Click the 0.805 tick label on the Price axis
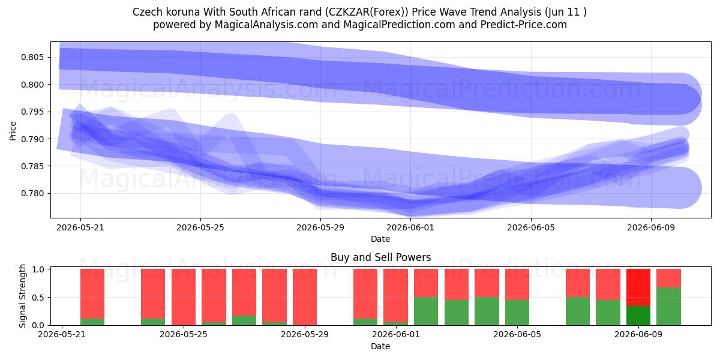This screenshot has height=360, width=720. tap(32, 58)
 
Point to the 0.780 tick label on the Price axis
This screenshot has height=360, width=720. tap(32, 193)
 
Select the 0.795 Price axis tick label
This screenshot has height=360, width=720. tap(32, 112)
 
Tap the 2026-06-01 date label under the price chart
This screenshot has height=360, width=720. tap(410, 227)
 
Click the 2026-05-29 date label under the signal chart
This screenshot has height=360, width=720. tap(305, 335)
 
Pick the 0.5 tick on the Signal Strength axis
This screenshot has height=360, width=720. tap(38, 298)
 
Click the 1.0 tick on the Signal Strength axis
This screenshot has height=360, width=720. tap(38, 269)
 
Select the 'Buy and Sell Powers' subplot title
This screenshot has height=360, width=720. tap(380, 257)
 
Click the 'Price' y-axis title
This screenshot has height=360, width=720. tap(13, 131)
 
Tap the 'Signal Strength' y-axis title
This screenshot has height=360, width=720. tap(22, 296)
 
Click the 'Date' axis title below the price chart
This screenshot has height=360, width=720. tap(380, 239)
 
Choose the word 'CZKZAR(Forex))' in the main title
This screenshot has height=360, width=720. tap(367, 12)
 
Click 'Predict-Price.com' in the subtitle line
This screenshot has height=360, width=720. tap(524, 25)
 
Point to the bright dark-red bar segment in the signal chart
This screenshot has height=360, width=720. tap(638, 286)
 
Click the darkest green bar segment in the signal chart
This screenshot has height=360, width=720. tap(638, 316)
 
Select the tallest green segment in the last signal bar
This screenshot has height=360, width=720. tap(668, 307)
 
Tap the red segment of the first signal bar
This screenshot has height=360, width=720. tap(92, 294)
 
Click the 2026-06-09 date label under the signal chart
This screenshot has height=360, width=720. tap(638, 335)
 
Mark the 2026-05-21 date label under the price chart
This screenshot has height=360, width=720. tap(80, 227)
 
